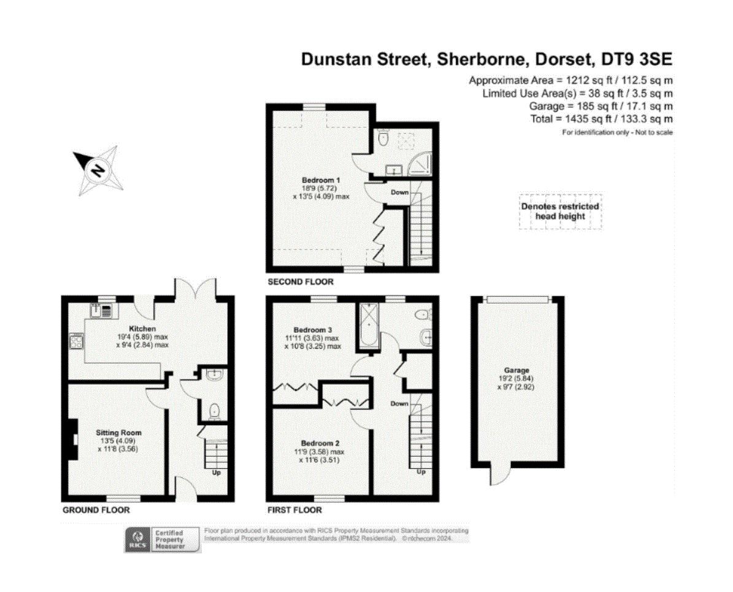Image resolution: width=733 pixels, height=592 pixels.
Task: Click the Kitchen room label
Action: coord(142,328)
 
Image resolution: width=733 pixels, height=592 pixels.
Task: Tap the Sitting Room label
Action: coord(118,433)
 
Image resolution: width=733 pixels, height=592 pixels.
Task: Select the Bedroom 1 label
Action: coord(321,180)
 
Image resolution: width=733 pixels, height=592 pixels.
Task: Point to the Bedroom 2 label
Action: coord(320,443)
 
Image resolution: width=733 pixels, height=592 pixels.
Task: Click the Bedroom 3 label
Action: coord(313,330)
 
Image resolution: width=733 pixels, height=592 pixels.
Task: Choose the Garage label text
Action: coord(516,370)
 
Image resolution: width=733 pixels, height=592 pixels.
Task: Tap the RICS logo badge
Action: coord(138,540)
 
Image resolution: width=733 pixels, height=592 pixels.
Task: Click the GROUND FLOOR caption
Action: coord(96,510)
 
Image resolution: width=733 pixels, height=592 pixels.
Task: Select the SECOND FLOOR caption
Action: coord(301,281)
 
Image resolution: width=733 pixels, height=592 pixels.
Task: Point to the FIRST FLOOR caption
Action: coord(294,510)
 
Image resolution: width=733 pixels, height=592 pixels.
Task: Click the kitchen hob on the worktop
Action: coord(76,341)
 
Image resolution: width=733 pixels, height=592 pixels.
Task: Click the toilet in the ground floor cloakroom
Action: coord(214,411)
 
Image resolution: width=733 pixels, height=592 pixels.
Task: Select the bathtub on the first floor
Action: coord(369,326)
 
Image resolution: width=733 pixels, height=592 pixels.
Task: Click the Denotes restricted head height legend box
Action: coord(560,211)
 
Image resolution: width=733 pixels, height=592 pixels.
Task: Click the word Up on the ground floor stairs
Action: coord(217,472)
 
